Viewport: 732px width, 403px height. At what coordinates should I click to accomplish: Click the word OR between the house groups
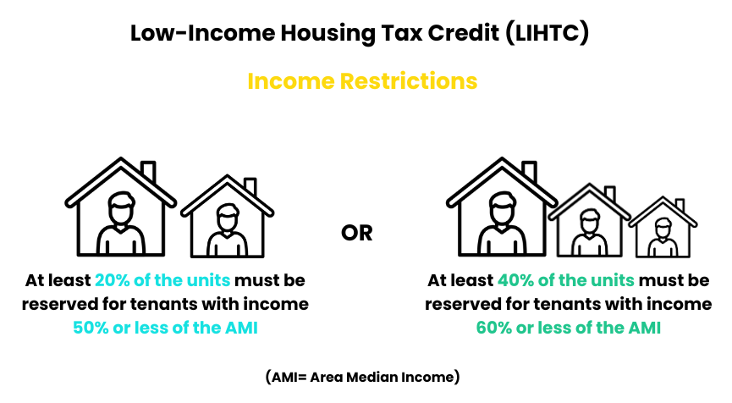356,233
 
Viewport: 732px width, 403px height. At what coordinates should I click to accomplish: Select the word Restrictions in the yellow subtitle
409,80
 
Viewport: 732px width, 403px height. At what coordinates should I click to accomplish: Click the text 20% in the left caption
112,280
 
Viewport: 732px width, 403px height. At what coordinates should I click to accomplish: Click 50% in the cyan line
91,328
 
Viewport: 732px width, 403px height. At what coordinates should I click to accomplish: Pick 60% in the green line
494,328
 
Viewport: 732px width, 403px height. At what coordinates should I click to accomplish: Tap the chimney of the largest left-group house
148,171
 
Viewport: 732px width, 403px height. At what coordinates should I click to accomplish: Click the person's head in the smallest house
663,228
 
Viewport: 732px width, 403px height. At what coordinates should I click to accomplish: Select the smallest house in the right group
663,227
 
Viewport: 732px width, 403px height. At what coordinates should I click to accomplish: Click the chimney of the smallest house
680,206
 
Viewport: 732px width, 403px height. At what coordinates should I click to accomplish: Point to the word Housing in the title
327,34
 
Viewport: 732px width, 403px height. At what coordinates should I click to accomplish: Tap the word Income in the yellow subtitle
291,80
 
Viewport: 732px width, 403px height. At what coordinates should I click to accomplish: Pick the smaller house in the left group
228,217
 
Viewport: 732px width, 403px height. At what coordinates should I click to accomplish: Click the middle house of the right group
590,220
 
